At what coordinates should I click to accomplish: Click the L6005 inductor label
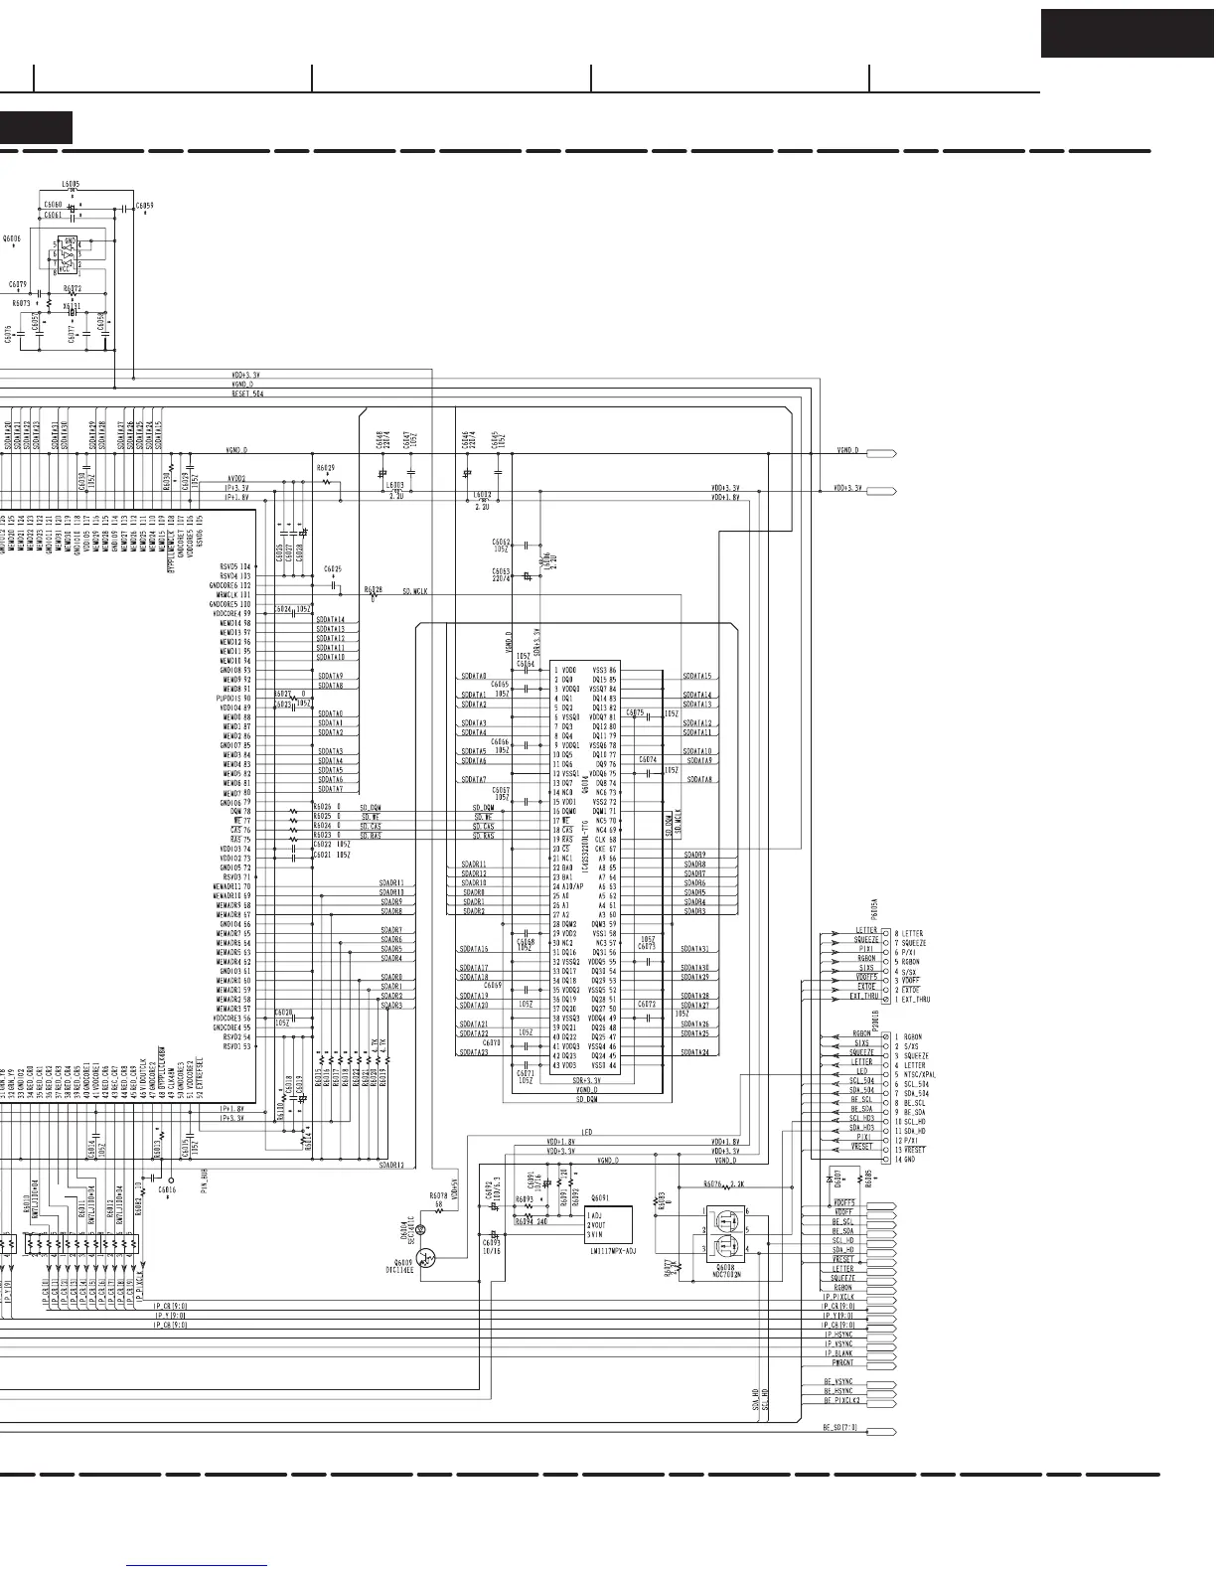click(x=71, y=184)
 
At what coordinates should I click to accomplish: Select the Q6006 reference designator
click(x=13, y=238)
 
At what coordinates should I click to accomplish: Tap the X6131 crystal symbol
click(x=72, y=306)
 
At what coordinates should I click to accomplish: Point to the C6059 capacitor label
click(x=144, y=205)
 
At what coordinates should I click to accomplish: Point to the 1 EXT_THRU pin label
click(x=915, y=999)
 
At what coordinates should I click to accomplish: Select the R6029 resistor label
click(x=326, y=467)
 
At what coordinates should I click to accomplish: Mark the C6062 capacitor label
click(x=501, y=543)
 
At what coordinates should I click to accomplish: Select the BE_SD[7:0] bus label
click(x=839, y=1428)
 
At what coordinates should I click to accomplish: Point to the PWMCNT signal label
click(x=837, y=1362)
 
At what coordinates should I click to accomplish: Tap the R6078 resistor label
click(x=438, y=1195)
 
